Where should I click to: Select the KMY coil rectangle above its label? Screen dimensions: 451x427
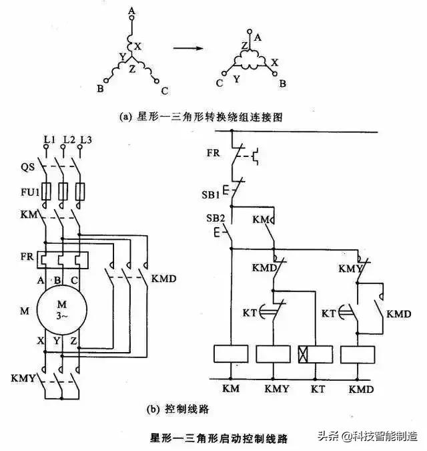pyautogui.click(x=274, y=354)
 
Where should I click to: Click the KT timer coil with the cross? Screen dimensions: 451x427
pyautogui.click(x=314, y=354)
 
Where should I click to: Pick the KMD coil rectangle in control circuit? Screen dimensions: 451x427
pyautogui.click(x=359, y=354)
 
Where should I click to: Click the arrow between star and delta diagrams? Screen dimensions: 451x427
pyautogui.click(x=189, y=48)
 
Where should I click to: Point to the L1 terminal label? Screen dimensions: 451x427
pyautogui.click(x=48, y=139)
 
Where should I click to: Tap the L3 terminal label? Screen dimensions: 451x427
pyautogui.click(x=85, y=139)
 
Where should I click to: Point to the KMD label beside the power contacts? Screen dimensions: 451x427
pyautogui.click(x=164, y=277)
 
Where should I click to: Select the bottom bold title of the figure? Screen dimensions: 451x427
pyautogui.click(x=219, y=438)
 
